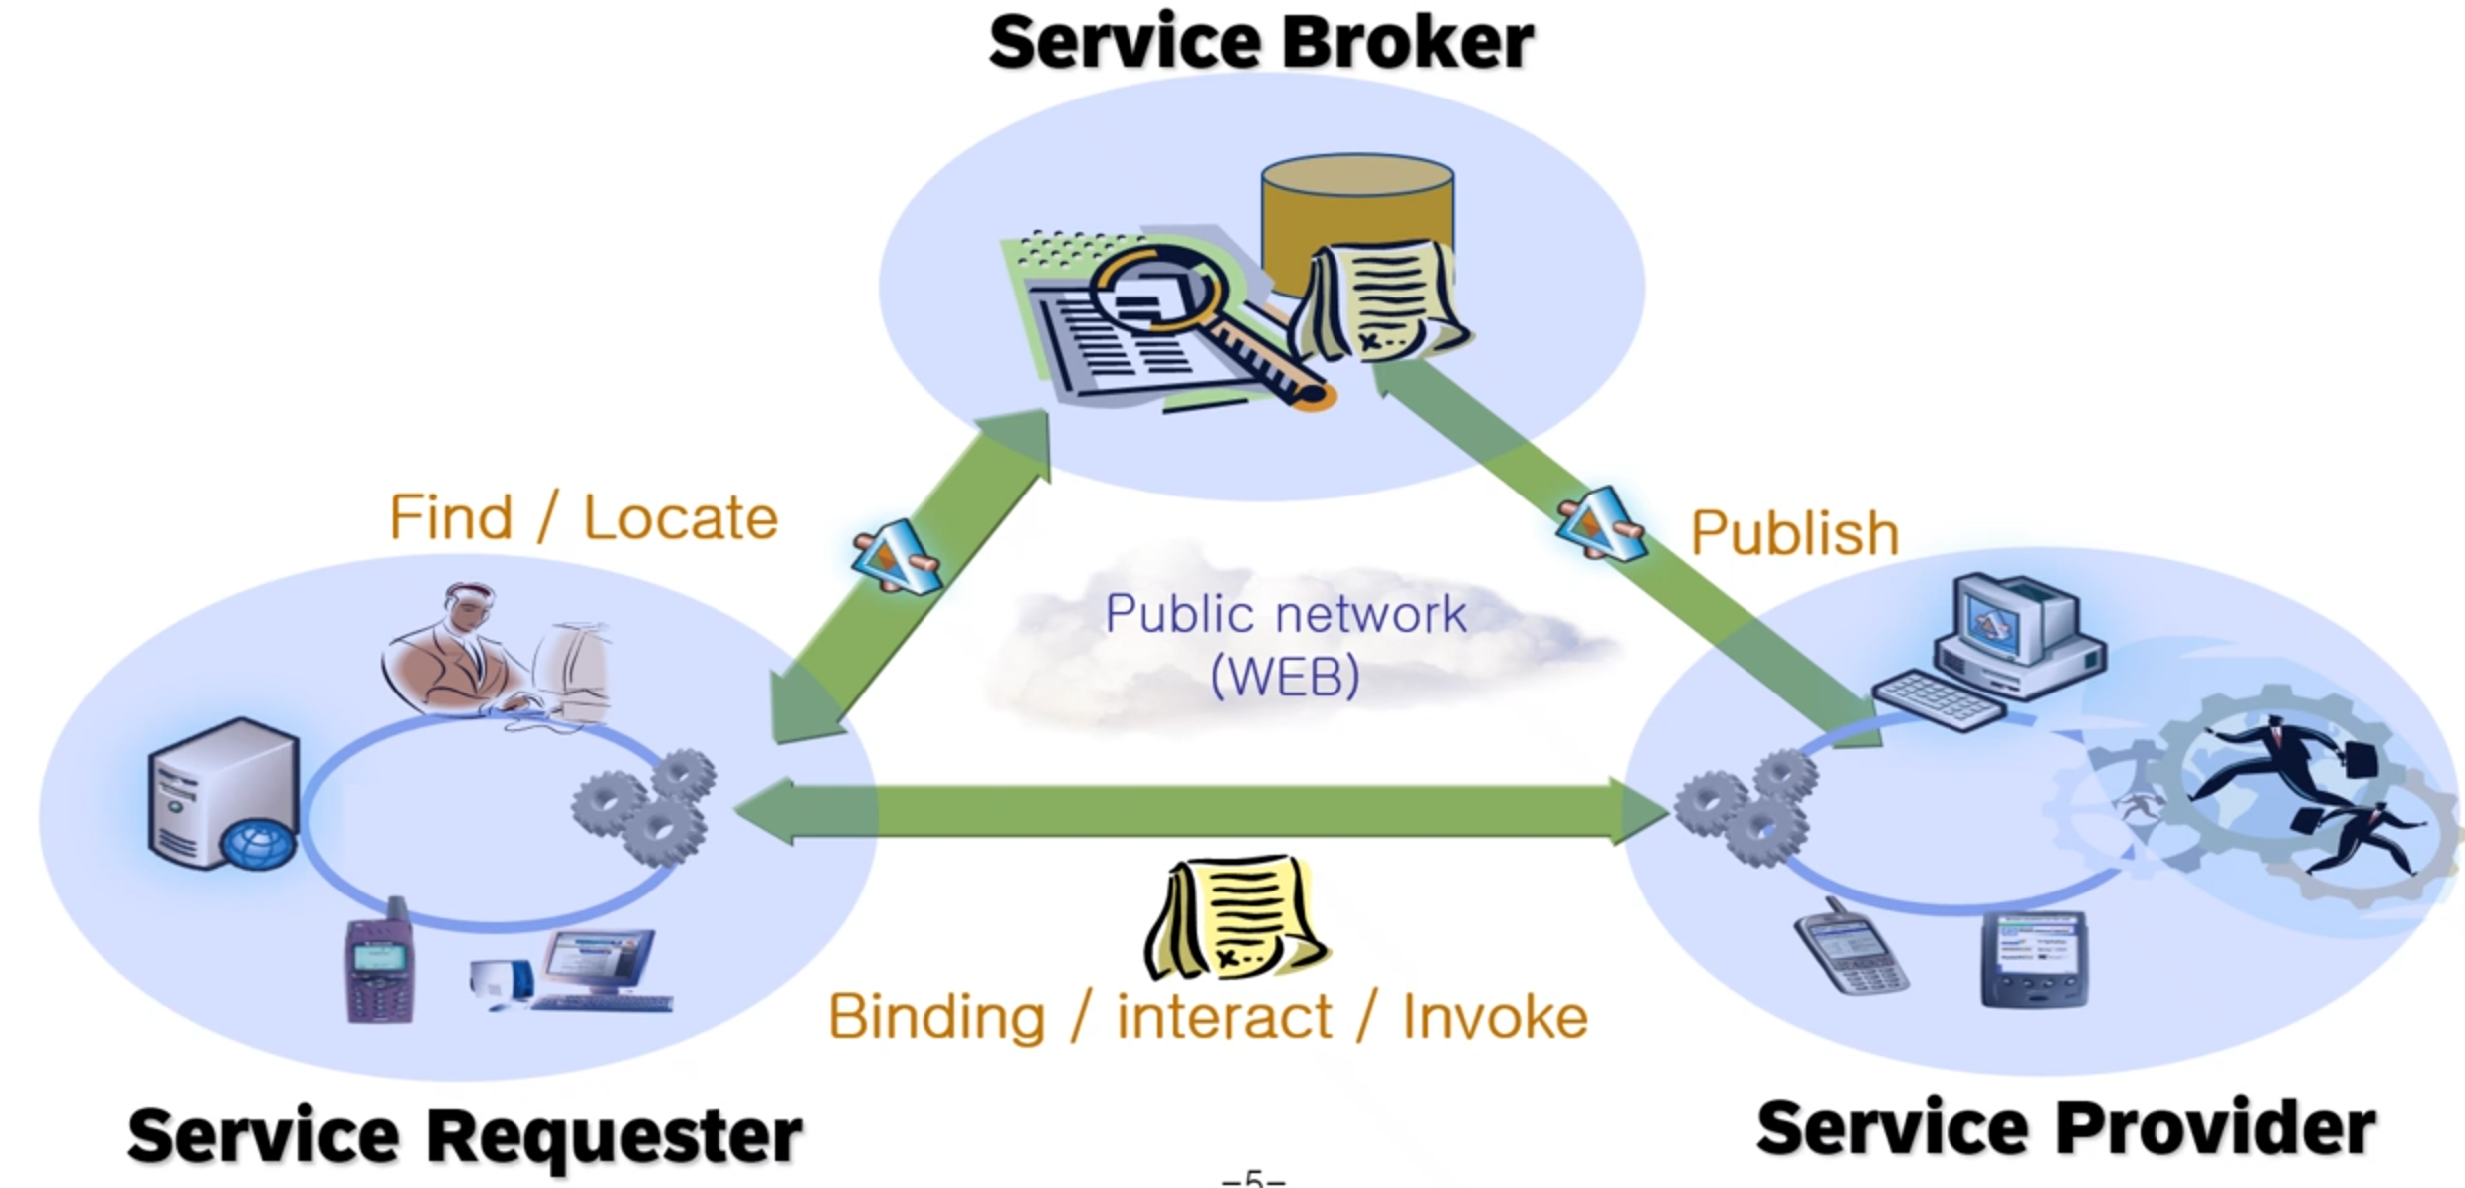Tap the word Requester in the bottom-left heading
[614, 1135]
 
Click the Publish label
[1794, 533]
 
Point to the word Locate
[680, 518]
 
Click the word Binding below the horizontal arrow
[936, 1017]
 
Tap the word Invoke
[1495, 1017]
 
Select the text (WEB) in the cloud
[1285, 677]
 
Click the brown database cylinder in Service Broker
[1355, 214]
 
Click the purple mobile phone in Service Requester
[379, 961]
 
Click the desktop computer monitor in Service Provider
[2012, 620]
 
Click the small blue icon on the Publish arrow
[1599, 523]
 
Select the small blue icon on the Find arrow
[895, 557]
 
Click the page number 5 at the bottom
[1253, 1178]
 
